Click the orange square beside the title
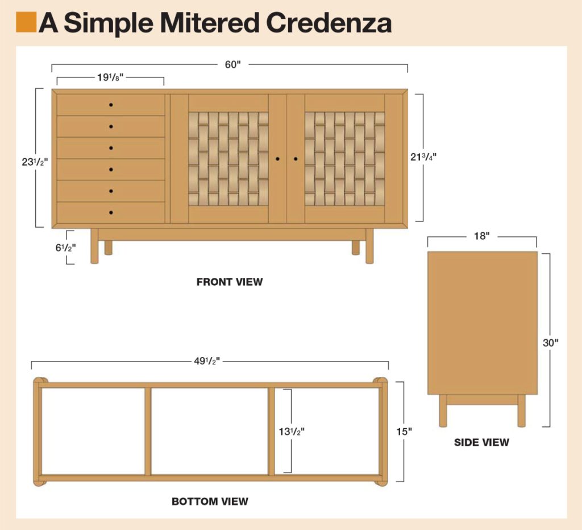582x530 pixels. pyautogui.click(x=26, y=22)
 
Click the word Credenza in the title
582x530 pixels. pyautogui.click(x=329, y=23)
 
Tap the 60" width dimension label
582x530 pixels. pyautogui.click(x=232, y=64)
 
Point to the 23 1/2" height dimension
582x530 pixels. pyautogui.click(x=34, y=161)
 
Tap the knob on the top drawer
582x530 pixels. pyautogui.click(x=111, y=105)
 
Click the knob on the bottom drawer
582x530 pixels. pyautogui.click(x=111, y=212)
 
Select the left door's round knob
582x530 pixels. pyautogui.click(x=277, y=158)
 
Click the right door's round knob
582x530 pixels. pyautogui.click(x=296, y=158)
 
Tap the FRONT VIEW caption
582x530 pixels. pyautogui.click(x=230, y=282)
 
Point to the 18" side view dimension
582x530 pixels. pyautogui.click(x=481, y=236)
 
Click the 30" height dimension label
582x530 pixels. pyautogui.click(x=550, y=343)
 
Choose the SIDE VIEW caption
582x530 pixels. pyautogui.click(x=481, y=442)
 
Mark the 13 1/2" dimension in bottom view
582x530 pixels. pyautogui.click(x=292, y=431)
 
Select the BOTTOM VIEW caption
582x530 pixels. pyautogui.click(x=210, y=502)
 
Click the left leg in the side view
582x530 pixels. pyautogui.click(x=443, y=410)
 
